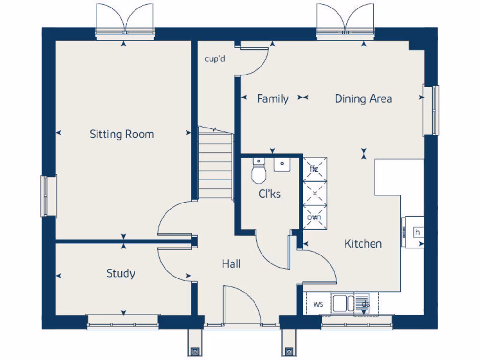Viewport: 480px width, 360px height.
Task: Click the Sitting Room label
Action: [122, 135]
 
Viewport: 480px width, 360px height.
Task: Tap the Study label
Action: [121, 273]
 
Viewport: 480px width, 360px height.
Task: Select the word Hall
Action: [231, 264]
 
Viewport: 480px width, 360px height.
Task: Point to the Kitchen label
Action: [363, 244]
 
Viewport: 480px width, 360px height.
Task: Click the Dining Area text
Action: [363, 98]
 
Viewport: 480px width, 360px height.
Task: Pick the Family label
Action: [273, 99]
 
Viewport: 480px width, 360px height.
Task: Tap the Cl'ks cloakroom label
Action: [270, 193]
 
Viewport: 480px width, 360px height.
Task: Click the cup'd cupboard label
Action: [215, 59]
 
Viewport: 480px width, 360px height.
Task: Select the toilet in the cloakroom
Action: [258, 172]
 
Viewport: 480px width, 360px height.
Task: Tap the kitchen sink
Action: [343, 303]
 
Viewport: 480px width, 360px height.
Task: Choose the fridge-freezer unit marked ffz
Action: [315, 169]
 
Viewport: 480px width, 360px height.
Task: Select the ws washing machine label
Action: [318, 304]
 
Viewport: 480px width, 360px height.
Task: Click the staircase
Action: [215, 164]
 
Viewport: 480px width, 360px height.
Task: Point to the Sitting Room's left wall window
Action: [48, 196]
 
